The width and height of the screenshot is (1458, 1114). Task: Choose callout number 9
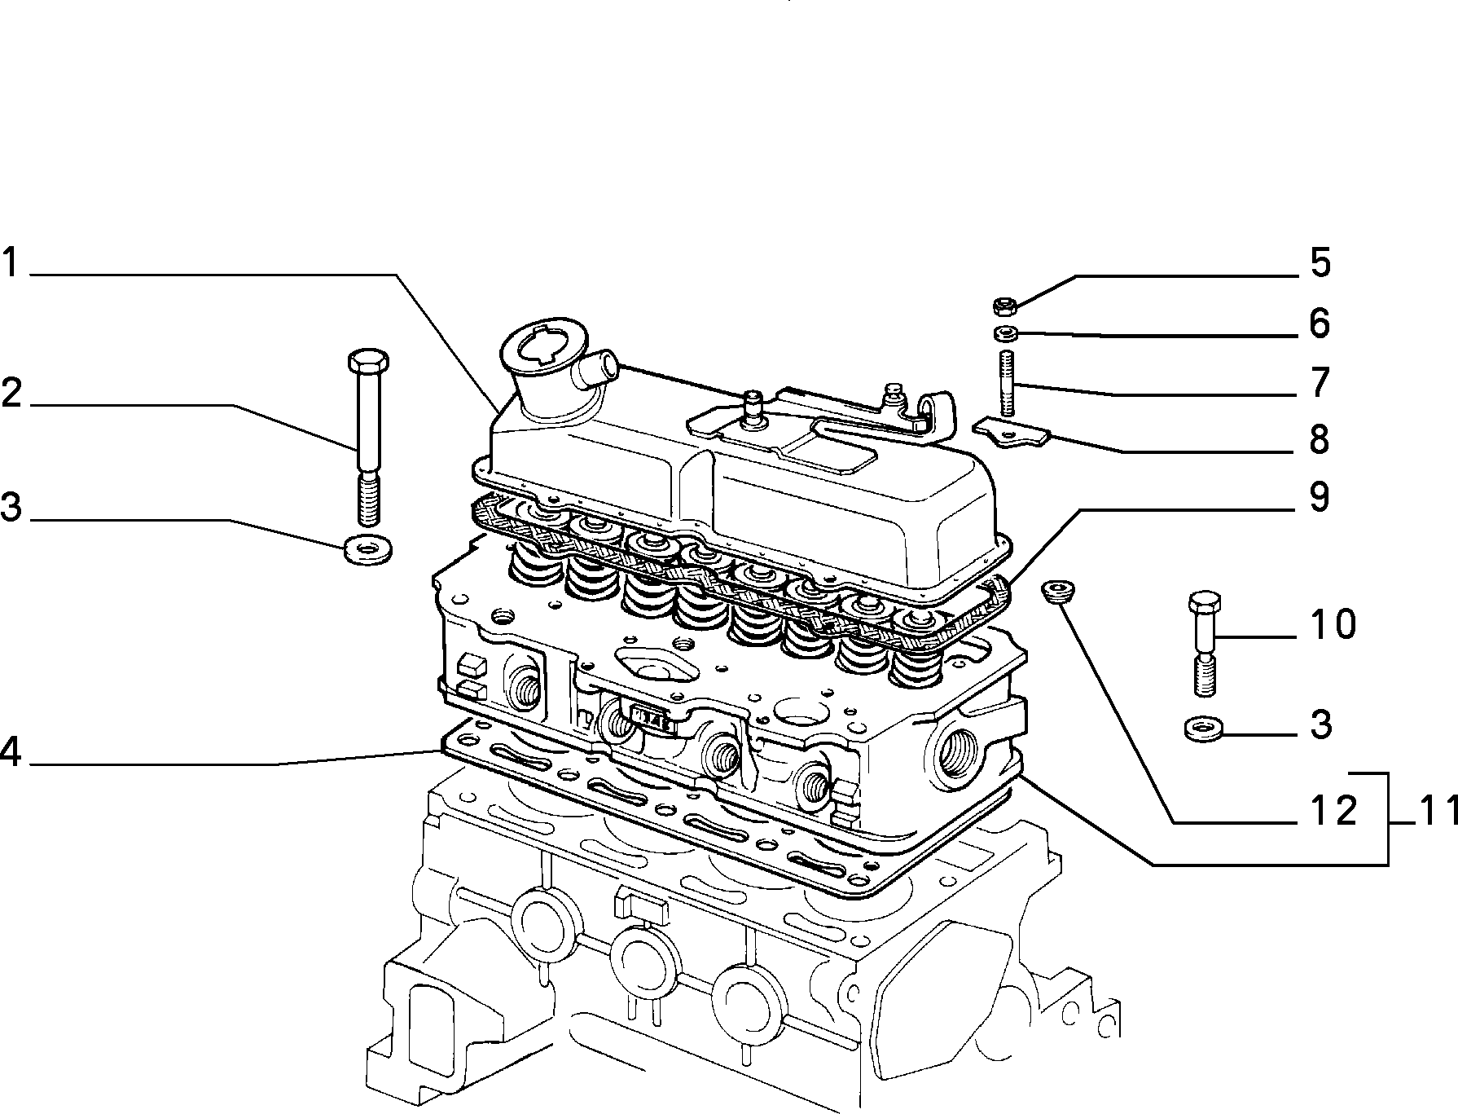point(1320,496)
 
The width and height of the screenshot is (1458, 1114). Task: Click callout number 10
point(1333,624)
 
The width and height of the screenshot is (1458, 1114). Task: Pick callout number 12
point(1333,810)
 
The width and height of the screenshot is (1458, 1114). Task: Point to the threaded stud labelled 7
point(1006,383)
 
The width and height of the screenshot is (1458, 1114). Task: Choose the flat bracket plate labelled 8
point(1012,433)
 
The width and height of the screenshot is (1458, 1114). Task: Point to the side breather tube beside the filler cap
point(595,368)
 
